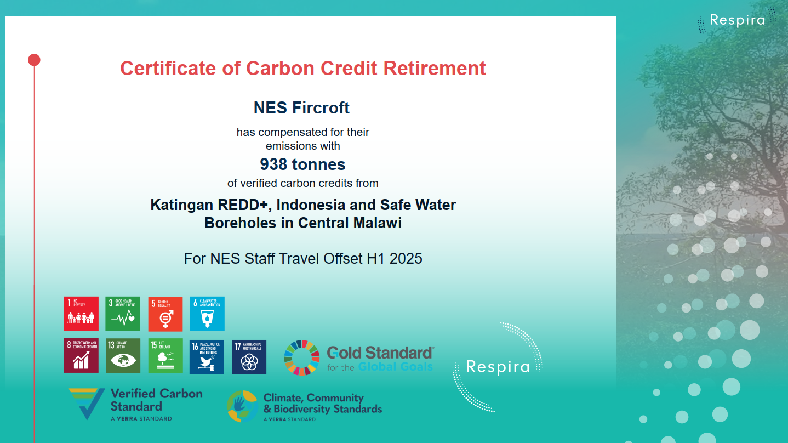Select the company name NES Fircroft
(301, 108)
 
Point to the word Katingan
(181, 205)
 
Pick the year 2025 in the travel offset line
(406, 258)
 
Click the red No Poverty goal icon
(81, 314)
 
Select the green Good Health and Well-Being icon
(122, 314)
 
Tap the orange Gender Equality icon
(165, 314)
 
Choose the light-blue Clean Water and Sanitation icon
(207, 314)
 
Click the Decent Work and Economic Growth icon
(81, 356)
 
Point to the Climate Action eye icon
(123, 356)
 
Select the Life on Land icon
(165, 356)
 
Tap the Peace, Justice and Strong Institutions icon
(207, 356)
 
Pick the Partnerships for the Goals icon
(249, 356)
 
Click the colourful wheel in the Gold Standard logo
(302, 358)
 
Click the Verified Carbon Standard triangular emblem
(87, 404)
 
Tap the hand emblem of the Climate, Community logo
(242, 406)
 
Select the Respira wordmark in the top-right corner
(737, 20)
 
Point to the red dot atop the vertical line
(34, 60)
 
